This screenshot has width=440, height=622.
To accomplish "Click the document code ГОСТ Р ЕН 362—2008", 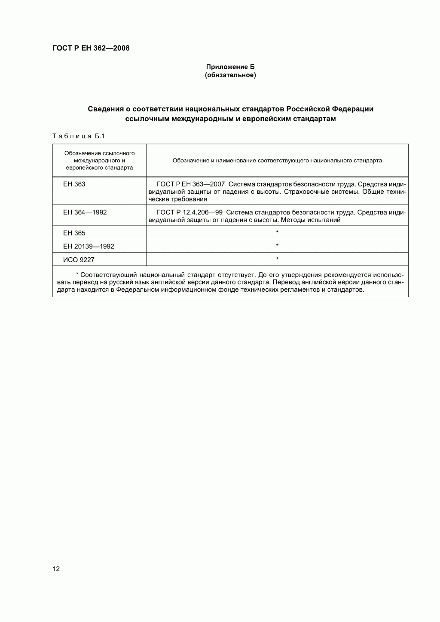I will pos(91,48).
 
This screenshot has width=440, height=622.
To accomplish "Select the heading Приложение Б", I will pos(230,67).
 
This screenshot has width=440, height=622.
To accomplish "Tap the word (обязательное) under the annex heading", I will pos(230,75).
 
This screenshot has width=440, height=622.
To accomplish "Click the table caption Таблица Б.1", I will pos(78,136).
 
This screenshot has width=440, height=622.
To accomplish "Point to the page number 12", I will pos(56,569).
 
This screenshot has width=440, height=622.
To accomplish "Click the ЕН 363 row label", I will pos(74,184).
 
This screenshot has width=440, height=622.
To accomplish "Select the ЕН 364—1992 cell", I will pos(85,212).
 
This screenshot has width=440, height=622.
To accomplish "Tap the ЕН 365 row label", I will pos(74,233).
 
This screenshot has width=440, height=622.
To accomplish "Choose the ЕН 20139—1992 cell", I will pos(89,247).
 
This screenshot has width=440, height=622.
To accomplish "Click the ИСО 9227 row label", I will pos(79,260).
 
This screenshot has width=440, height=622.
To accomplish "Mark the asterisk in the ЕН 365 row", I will pos(277,233).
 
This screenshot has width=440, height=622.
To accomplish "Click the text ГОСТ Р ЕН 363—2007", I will pos(191,184).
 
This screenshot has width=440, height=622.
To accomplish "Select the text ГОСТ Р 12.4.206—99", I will pos(189,212).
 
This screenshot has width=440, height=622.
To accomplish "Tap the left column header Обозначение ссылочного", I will pos(99,153).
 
